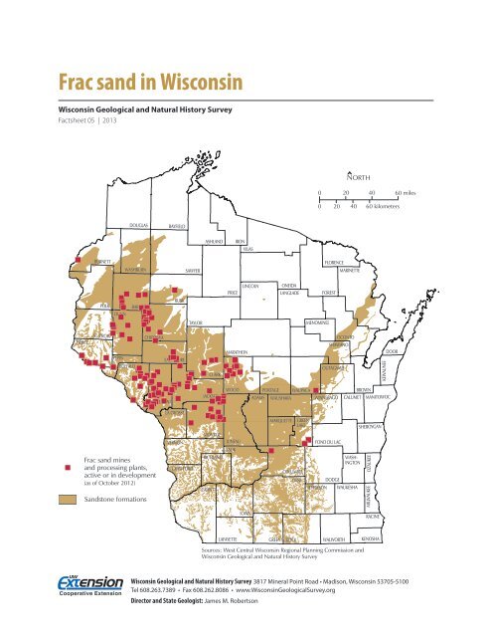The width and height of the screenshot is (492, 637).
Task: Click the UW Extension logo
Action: (89, 588)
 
